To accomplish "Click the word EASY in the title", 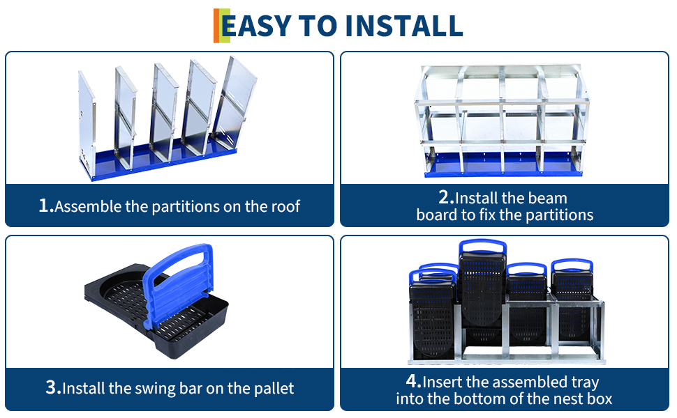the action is pos(256,26).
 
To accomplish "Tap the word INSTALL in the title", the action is pos(404,26).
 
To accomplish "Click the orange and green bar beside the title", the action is pos(221,26).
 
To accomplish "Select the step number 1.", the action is pos(46,206).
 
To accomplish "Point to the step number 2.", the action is pos(446,197).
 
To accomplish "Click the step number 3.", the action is pos(53,387).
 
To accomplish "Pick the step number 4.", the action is pos(413,381).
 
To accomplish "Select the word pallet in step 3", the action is pos(274,389).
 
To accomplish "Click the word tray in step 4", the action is pos(585,382).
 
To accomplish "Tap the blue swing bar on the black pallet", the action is pos(178,284).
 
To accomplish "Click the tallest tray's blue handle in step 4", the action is pos(482,247).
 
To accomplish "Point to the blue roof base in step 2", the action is pos(503,166).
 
